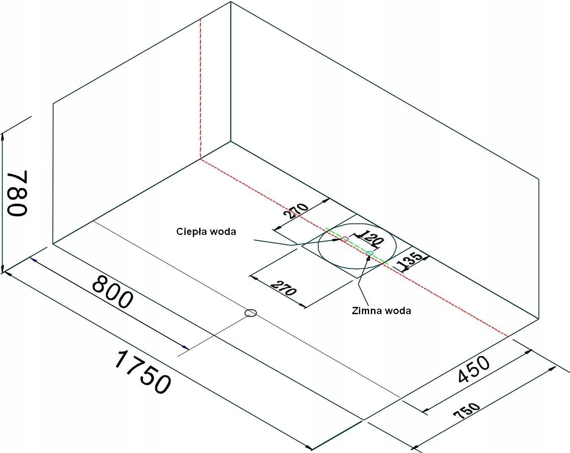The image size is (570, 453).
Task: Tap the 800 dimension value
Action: pyautogui.click(x=112, y=292)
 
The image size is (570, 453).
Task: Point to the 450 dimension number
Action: pyautogui.click(x=474, y=370)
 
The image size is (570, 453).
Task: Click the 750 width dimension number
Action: pyautogui.click(x=467, y=411)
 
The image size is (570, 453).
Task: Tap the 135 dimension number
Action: pyautogui.click(x=410, y=261)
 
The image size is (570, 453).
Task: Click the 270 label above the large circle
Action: pyautogui.click(x=295, y=210)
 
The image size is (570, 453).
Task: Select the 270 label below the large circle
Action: pyautogui.click(x=283, y=288)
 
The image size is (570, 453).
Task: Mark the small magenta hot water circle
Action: pyautogui.click(x=345, y=239)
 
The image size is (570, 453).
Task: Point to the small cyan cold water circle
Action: pyautogui.click(x=370, y=253)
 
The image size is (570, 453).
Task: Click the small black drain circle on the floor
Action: pyautogui.click(x=251, y=313)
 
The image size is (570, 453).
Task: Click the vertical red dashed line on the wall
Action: pyautogui.click(x=200, y=85)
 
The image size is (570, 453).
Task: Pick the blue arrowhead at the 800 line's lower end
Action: pyautogui.click(x=185, y=347)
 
